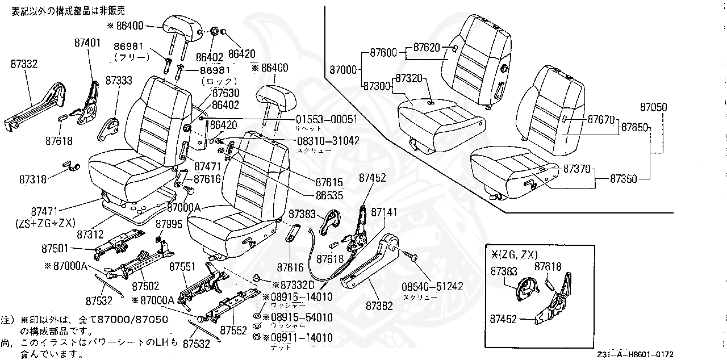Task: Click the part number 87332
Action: (x=24, y=65)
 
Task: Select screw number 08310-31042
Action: (x=327, y=140)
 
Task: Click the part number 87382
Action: (x=379, y=305)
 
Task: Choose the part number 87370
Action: (x=577, y=169)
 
